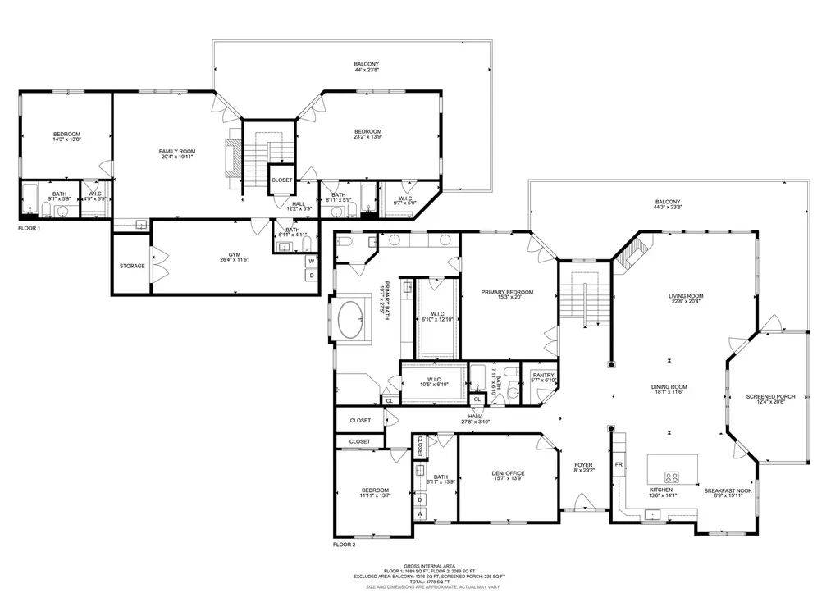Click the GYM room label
229,255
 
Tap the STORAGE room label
132,266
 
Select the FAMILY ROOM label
177,152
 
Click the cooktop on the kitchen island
671,476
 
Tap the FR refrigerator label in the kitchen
619,465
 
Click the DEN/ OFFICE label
508,473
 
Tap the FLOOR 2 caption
344,544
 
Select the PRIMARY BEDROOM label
508,292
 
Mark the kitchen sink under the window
654,515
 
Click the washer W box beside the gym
311,262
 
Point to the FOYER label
583,465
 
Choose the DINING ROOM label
670,387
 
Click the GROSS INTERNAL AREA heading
419,565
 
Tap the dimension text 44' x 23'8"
367,71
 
